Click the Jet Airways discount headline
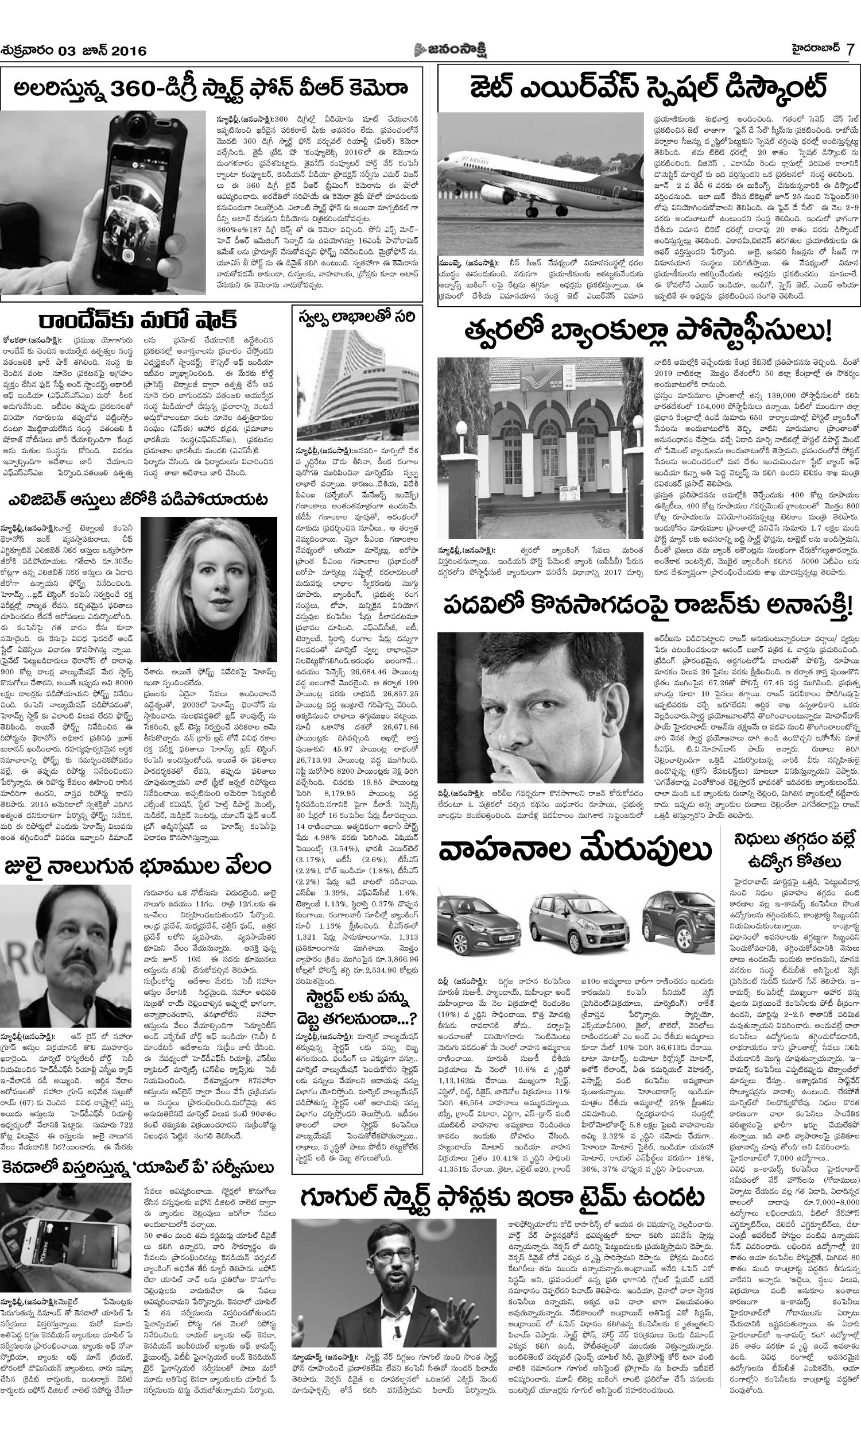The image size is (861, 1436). coord(647,89)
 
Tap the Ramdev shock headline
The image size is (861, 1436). coord(138,320)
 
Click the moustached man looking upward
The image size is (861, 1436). coord(65,968)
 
